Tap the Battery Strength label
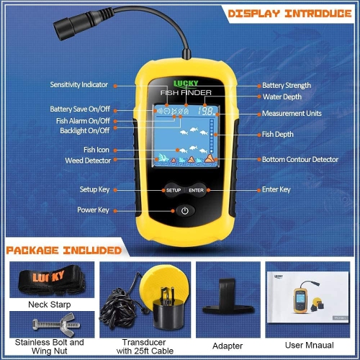tap(287, 85)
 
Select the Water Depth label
tap(282, 96)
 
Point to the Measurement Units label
tap(292, 114)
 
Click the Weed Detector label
tap(88, 160)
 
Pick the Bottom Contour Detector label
tap(300, 159)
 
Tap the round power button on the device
tap(185, 211)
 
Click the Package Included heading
tap(64, 251)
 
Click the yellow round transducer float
tap(162, 277)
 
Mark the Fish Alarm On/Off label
tap(84, 121)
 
